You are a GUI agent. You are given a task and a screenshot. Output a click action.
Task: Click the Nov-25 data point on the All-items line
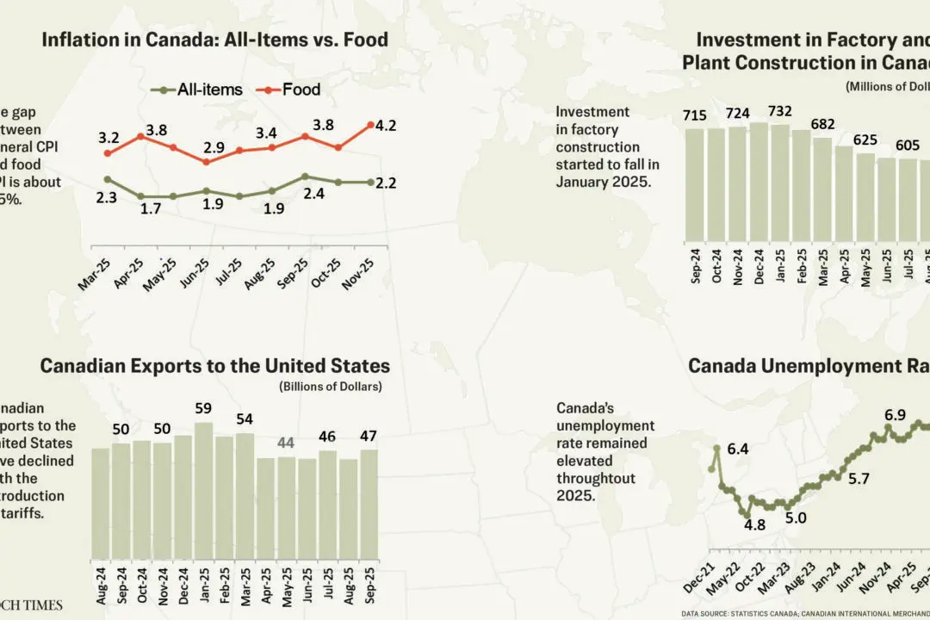point(370,183)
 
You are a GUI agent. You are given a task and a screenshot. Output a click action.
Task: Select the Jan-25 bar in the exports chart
point(203,490)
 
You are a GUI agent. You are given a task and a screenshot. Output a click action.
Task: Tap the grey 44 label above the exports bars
point(286,443)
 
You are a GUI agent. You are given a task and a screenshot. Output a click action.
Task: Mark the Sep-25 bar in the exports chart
point(369,504)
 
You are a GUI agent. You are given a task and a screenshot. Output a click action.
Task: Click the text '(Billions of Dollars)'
point(330,387)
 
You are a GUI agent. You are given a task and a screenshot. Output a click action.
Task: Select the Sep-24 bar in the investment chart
point(695,184)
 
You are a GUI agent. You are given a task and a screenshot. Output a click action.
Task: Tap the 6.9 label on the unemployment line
point(896,416)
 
